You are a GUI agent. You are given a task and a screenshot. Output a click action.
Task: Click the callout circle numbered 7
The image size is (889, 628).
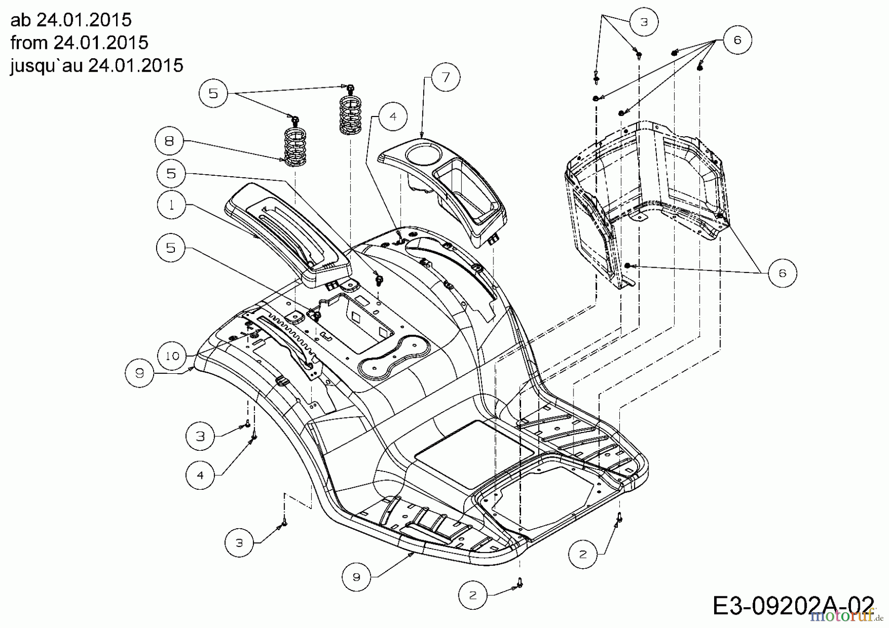[445, 77]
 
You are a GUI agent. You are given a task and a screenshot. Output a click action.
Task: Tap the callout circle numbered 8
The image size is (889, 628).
[169, 141]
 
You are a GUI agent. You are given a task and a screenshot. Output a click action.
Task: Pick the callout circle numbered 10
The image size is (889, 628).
[172, 355]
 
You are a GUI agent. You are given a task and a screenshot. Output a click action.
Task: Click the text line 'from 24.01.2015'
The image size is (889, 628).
[79, 42]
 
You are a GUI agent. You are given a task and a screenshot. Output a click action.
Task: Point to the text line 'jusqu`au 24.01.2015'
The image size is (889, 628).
[97, 65]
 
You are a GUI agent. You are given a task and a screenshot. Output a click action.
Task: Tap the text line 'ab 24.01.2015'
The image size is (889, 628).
[71, 20]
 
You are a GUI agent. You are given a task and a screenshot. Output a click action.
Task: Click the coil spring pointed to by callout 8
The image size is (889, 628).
[296, 146]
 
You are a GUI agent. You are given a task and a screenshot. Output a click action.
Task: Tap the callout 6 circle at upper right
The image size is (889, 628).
[737, 39]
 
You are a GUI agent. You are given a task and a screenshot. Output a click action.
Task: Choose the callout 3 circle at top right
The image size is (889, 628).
[644, 22]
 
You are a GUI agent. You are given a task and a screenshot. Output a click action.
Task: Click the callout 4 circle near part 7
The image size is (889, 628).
[393, 117]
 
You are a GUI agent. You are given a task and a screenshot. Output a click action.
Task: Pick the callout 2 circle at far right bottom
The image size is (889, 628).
[583, 554]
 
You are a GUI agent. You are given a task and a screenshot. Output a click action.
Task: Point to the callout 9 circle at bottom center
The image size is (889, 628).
[357, 577]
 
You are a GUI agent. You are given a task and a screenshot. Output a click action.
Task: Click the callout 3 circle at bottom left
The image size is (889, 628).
[239, 543]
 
